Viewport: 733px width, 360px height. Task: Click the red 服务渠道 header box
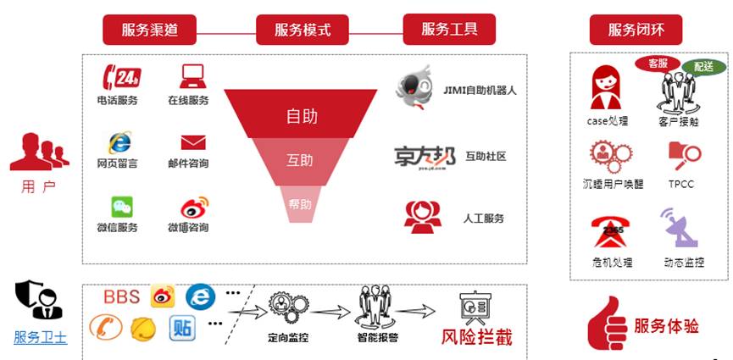pyautogui.click(x=150, y=30)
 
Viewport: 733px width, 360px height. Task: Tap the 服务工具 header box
pyautogui.click(x=449, y=29)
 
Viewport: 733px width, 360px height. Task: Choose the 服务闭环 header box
pyautogui.click(x=636, y=30)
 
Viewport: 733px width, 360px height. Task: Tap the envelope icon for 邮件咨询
pyautogui.click(x=193, y=141)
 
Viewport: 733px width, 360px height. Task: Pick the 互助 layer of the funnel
pyautogui.click(x=300, y=160)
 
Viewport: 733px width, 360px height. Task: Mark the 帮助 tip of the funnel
pyautogui.click(x=300, y=204)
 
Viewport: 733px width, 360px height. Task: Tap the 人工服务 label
pyautogui.click(x=484, y=219)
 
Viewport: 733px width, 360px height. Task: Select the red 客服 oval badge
pyautogui.click(x=658, y=64)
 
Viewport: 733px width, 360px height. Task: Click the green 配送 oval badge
pyautogui.click(x=703, y=66)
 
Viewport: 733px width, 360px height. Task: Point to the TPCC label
pyautogui.click(x=680, y=184)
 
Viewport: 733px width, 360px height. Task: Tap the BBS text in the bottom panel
pyautogui.click(x=121, y=296)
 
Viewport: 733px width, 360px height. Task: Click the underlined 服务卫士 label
pyautogui.click(x=40, y=337)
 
